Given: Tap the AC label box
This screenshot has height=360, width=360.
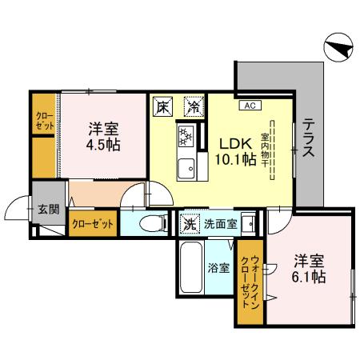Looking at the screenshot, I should tap(248, 104).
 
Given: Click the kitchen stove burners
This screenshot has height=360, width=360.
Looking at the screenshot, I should tap(186, 136).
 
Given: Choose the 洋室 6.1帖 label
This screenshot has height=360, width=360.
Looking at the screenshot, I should tap(308, 268).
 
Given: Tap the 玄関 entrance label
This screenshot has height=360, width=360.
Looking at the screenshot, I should tap(48, 210).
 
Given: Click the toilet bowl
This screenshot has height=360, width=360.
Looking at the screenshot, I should tap(150, 223).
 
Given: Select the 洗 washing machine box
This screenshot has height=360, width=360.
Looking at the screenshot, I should tap(190, 223).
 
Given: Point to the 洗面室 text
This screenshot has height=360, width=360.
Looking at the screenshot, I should tap(219, 223).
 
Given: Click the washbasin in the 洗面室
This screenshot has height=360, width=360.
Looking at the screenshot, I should tap(248, 222).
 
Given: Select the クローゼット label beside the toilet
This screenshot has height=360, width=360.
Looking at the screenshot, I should tap(93, 223).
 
